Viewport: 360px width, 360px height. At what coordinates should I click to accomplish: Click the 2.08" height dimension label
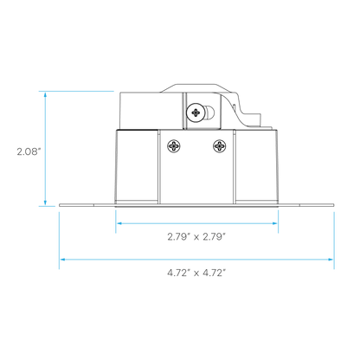(x=27, y=151)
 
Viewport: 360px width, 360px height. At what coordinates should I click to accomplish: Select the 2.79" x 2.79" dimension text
(x=196, y=237)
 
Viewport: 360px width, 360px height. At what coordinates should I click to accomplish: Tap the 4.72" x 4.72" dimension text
(x=196, y=273)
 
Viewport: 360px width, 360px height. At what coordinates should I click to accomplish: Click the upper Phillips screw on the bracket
(x=196, y=112)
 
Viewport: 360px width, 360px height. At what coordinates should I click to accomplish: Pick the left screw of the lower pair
(x=174, y=146)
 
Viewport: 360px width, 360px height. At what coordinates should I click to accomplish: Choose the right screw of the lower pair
(x=220, y=146)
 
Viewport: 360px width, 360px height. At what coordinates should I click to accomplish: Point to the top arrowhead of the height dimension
(x=45, y=94)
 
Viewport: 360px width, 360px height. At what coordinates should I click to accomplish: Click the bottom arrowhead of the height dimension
(x=45, y=203)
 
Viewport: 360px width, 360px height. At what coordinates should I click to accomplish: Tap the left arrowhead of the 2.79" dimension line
(x=119, y=223)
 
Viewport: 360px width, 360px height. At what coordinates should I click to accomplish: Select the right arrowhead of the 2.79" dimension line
(x=274, y=223)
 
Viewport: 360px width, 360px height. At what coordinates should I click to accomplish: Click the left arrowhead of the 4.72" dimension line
(x=63, y=260)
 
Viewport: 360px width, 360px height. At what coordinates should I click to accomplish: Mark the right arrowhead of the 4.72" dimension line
(x=331, y=260)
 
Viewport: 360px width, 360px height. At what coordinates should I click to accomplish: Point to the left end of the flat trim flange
(x=59, y=205)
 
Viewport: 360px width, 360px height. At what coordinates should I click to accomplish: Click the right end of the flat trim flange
(x=334, y=205)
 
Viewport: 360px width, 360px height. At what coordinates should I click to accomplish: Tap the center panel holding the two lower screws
(x=196, y=167)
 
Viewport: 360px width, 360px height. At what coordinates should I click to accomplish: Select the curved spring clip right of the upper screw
(x=235, y=111)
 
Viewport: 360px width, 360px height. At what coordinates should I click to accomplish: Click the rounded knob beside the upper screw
(x=210, y=112)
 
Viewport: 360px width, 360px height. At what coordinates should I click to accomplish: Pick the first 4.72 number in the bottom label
(x=177, y=273)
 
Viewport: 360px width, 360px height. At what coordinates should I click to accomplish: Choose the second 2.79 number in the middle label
(x=214, y=237)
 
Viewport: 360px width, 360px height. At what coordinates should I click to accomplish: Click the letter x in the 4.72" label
(x=196, y=273)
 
